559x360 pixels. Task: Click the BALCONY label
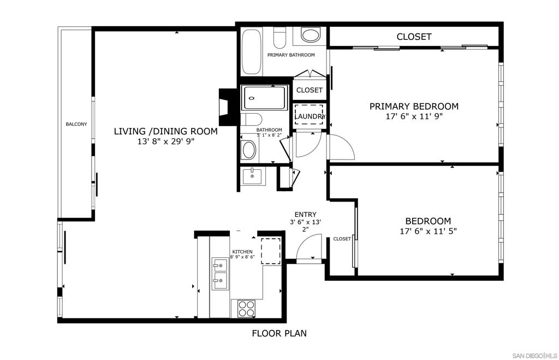click(76, 124)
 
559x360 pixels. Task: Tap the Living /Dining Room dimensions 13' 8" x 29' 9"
click(166, 141)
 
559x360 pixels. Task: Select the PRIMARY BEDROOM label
click(414, 107)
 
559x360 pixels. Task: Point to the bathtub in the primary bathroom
click(251, 52)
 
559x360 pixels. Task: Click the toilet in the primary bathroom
click(280, 37)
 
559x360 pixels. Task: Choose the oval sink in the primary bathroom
click(311, 35)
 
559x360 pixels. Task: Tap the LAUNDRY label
click(310, 116)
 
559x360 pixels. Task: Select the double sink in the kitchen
click(221, 274)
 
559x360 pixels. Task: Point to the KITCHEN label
click(242, 251)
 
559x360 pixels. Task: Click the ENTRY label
click(306, 215)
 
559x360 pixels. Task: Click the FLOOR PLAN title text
click(279, 333)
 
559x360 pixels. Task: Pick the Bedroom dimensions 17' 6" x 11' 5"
click(428, 231)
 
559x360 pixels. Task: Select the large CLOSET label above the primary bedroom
click(414, 37)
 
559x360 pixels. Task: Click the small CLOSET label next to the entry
click(342, 239)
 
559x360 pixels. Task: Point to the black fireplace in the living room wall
click(228, 107)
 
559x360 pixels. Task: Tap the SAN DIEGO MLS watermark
click(535, 356)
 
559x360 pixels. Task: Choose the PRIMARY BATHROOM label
click(291, 55)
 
